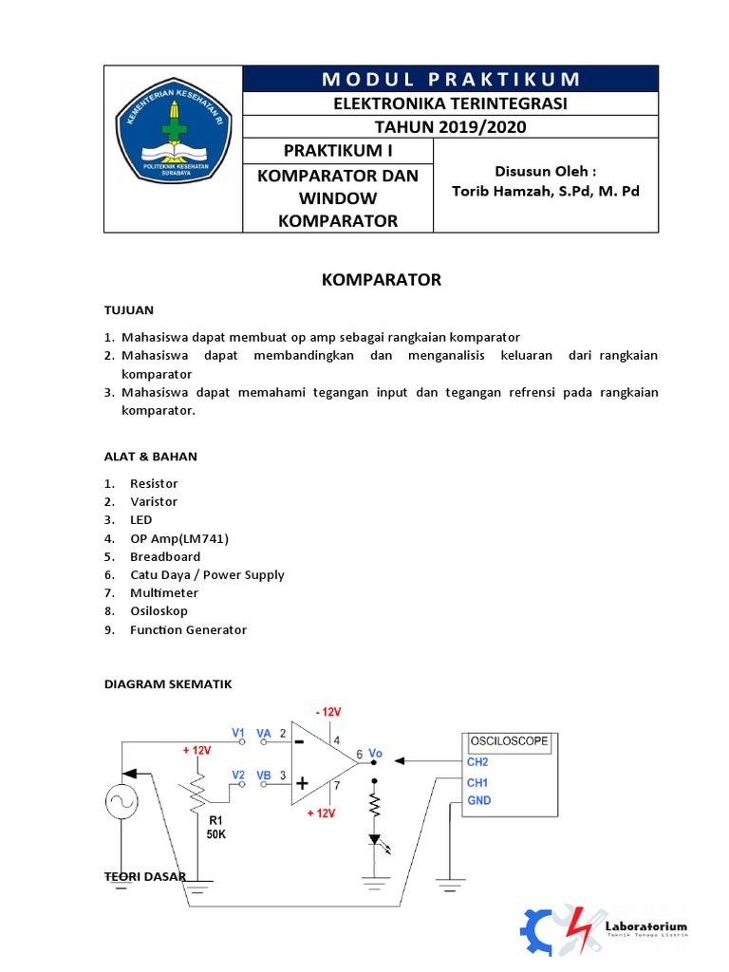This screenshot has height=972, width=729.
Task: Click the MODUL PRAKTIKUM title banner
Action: [451, 79]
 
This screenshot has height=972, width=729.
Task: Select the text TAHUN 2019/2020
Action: [451, 127]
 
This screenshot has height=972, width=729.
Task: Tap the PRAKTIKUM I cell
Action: [338, 151]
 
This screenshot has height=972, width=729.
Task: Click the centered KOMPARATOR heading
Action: [382, 279]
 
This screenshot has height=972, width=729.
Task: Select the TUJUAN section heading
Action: [128, 310]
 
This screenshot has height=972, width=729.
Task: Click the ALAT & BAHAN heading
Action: [151, 457]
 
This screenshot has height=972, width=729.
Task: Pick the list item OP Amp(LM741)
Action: [179, 538]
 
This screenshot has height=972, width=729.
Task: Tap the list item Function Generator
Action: [188, 629]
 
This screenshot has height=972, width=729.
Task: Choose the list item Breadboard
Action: [165, 556]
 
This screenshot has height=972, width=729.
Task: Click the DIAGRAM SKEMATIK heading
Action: [167, 683]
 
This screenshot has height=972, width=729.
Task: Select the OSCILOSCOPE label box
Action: [509, 741]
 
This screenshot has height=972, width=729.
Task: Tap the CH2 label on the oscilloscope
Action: [477, 761]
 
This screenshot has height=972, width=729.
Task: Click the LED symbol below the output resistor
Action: [374, 841]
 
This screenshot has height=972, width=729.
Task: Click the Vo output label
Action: [375, 752]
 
